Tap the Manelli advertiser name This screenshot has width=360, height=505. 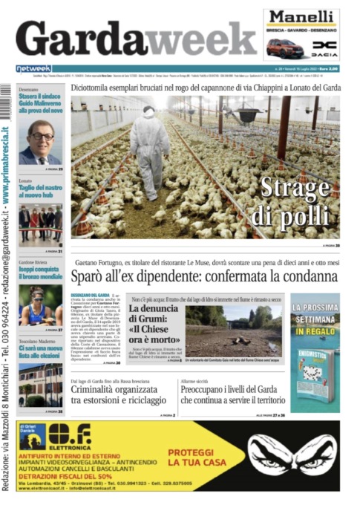[x=301, y=19]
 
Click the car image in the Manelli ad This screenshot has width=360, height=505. [x=287, y=48]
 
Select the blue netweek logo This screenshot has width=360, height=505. [x=33, y=68]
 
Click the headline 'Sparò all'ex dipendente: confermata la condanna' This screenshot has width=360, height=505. [x=204, y=278]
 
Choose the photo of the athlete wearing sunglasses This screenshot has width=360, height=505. [x=40, y=304]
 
